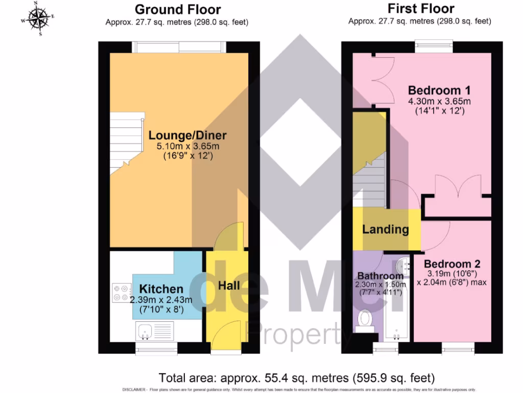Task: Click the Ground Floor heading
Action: click(x=178, y=9)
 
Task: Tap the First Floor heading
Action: click(x=421, y=8)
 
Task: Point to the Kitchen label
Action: click(x=161, y=289)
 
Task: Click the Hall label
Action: click(x=229, y=286)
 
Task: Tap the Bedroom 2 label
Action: click(x=452, y=264)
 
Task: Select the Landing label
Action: click(x=386, y=229)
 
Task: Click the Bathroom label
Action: click(x=380, y=276)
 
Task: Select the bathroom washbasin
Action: click(x=403, y=265)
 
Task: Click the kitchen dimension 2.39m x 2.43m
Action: click(x=161, y=300)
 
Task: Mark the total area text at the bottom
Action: click(x=297, y=378)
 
